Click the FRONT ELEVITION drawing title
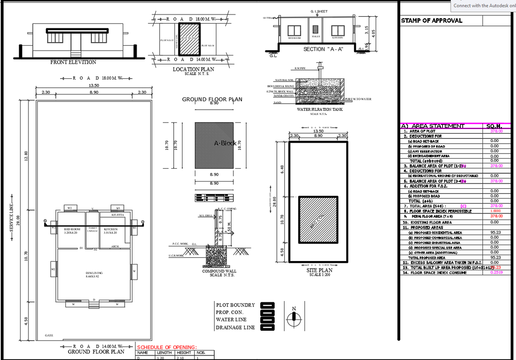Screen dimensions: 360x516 coord(73,62)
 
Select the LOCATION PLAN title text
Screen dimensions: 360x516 coord(193,69)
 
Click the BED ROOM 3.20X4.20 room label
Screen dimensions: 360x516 coord(72,231)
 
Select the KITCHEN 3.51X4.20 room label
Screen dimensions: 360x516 coord(111,231)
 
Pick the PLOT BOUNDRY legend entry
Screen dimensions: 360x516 coord(236,305)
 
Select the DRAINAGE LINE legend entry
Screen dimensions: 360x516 coord(236,327)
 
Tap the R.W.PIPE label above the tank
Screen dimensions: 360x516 coord(300,68)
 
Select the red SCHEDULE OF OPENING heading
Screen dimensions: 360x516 coord(167,347)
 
